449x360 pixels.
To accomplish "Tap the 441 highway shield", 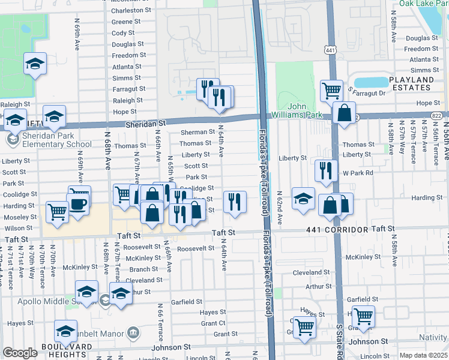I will [x=330, y=51].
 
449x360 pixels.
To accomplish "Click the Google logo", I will [x=20, y=353].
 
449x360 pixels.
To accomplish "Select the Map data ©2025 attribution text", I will [x=424, y=355].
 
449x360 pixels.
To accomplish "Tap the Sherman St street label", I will [x=197, y=131].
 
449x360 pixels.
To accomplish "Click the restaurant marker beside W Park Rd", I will [x=326, y=170].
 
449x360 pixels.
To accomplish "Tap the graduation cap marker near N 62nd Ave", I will [x=303, y=198].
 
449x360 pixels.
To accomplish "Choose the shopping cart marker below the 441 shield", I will [x=331, y=91].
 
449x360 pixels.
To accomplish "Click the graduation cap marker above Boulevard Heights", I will [x=65, y=331].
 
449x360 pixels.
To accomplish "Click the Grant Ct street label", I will [x=213, y=323].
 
